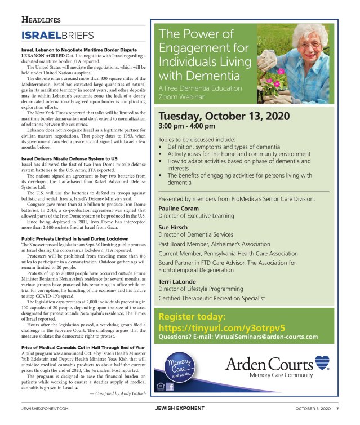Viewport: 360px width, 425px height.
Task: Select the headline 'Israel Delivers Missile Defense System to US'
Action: [69, 159]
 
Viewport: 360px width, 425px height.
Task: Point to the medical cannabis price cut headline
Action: [83, 347]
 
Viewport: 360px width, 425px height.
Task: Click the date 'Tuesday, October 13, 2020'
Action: [224, 116]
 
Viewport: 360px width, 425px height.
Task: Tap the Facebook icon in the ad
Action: [170, 387]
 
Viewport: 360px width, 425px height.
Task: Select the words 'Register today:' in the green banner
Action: [192, 317]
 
